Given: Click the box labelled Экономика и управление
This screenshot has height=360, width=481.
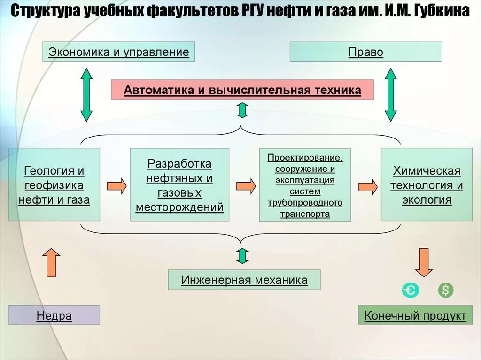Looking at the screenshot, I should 119,52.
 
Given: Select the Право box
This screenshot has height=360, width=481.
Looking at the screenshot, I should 365,52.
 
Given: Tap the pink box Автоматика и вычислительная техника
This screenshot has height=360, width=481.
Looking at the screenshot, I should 242,90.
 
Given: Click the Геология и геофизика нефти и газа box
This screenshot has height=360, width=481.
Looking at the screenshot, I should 54,185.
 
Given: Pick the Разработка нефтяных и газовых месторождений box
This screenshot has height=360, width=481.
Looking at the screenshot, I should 179,185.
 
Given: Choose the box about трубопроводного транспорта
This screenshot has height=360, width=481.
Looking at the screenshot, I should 305,185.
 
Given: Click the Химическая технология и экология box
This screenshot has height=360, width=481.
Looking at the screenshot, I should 427,185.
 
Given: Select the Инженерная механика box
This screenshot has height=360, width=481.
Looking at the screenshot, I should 244,280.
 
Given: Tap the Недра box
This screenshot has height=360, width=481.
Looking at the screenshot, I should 54,315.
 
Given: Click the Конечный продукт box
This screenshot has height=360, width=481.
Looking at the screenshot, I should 415,315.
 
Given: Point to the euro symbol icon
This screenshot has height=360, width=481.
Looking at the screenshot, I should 410,291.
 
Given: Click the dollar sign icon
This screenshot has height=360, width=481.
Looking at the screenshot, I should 445,291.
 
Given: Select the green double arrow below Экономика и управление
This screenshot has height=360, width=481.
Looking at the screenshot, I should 86,94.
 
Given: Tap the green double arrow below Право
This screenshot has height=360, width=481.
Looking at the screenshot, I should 391,94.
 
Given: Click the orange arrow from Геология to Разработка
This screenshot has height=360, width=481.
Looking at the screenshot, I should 117,186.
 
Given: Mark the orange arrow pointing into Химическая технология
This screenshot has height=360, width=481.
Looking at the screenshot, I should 368,186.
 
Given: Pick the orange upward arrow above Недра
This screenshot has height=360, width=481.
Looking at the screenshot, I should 51,262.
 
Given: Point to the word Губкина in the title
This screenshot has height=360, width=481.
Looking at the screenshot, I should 442,11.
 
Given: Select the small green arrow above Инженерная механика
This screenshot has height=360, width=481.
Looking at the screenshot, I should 242,256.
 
